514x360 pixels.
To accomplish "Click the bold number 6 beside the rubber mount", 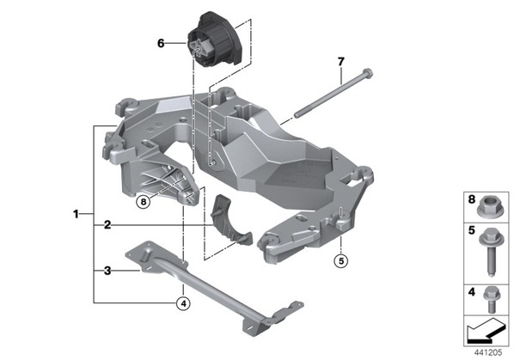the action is click(x=161, y=43).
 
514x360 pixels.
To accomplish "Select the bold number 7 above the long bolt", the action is click(x=341, y=61).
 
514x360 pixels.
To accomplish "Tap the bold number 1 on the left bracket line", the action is click(x=76, y=214).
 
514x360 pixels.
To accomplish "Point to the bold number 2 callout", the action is click(x=107, y=225).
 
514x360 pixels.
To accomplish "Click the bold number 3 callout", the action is click(x=107, y=271).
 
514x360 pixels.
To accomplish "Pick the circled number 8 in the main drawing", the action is click(x=144, y=202).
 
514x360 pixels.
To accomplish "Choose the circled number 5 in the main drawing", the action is click(x=341, y=261).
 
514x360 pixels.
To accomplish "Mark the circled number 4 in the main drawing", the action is click(x=183, y=303).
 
